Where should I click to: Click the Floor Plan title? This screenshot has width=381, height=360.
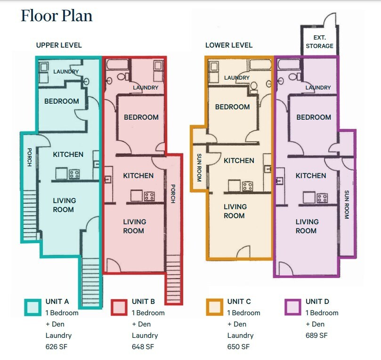pos(57,16)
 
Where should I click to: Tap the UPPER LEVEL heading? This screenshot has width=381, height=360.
pos(59,45)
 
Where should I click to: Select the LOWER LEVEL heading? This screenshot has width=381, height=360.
pos(229,45)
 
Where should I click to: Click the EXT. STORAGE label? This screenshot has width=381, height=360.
pos(320,41)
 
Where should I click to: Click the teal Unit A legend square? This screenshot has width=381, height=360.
pos(32,306)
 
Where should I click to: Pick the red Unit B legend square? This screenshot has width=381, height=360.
pos(119,306)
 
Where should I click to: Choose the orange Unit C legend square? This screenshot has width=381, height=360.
pos(214,306)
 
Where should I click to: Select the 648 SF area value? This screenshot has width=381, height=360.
pos(143,347)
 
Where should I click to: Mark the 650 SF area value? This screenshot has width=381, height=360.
pos(238,347)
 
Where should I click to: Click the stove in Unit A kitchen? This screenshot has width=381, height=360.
pos(74,174)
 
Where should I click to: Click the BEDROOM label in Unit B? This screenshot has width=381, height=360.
pos(141,117)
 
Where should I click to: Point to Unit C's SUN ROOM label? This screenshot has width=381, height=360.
pos(199,168)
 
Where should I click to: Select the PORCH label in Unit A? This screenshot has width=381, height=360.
pos(29,157)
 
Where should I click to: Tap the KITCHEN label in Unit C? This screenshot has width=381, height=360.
pos(239,160)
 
